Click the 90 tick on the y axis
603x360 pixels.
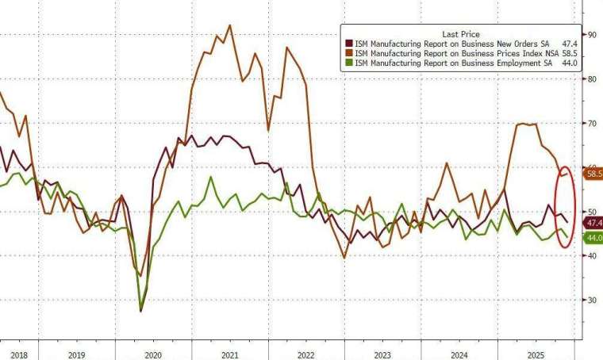pos(591,34)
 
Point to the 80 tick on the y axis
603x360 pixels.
pos(591,79)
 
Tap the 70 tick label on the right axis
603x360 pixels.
pos(591,123)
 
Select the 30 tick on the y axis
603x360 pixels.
pos(591,300)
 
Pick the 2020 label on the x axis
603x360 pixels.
pos(153,355)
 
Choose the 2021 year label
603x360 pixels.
pos(230,355)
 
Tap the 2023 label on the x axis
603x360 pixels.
pos(383,355)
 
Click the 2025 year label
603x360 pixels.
pos(537,355)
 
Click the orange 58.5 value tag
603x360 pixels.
pos(593,173)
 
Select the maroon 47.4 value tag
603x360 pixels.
pos(593,223)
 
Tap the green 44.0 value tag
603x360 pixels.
pos(593,238)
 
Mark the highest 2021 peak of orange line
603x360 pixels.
pos(230,25)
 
